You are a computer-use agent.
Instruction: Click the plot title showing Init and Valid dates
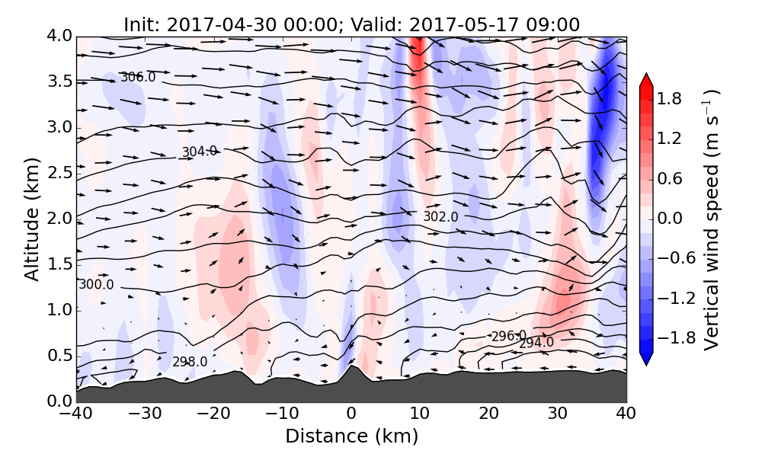351,24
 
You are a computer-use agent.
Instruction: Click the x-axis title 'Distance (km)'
351,436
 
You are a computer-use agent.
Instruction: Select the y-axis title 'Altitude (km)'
31,219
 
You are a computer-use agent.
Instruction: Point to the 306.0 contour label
138,77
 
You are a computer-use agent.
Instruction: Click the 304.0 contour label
199,152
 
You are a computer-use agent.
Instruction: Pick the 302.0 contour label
440,216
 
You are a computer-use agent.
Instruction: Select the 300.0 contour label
96,285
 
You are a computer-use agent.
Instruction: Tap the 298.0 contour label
190,362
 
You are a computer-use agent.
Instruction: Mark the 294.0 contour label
536,344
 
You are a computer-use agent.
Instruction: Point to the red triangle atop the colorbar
645,80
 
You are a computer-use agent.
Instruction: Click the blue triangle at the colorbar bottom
645,360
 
